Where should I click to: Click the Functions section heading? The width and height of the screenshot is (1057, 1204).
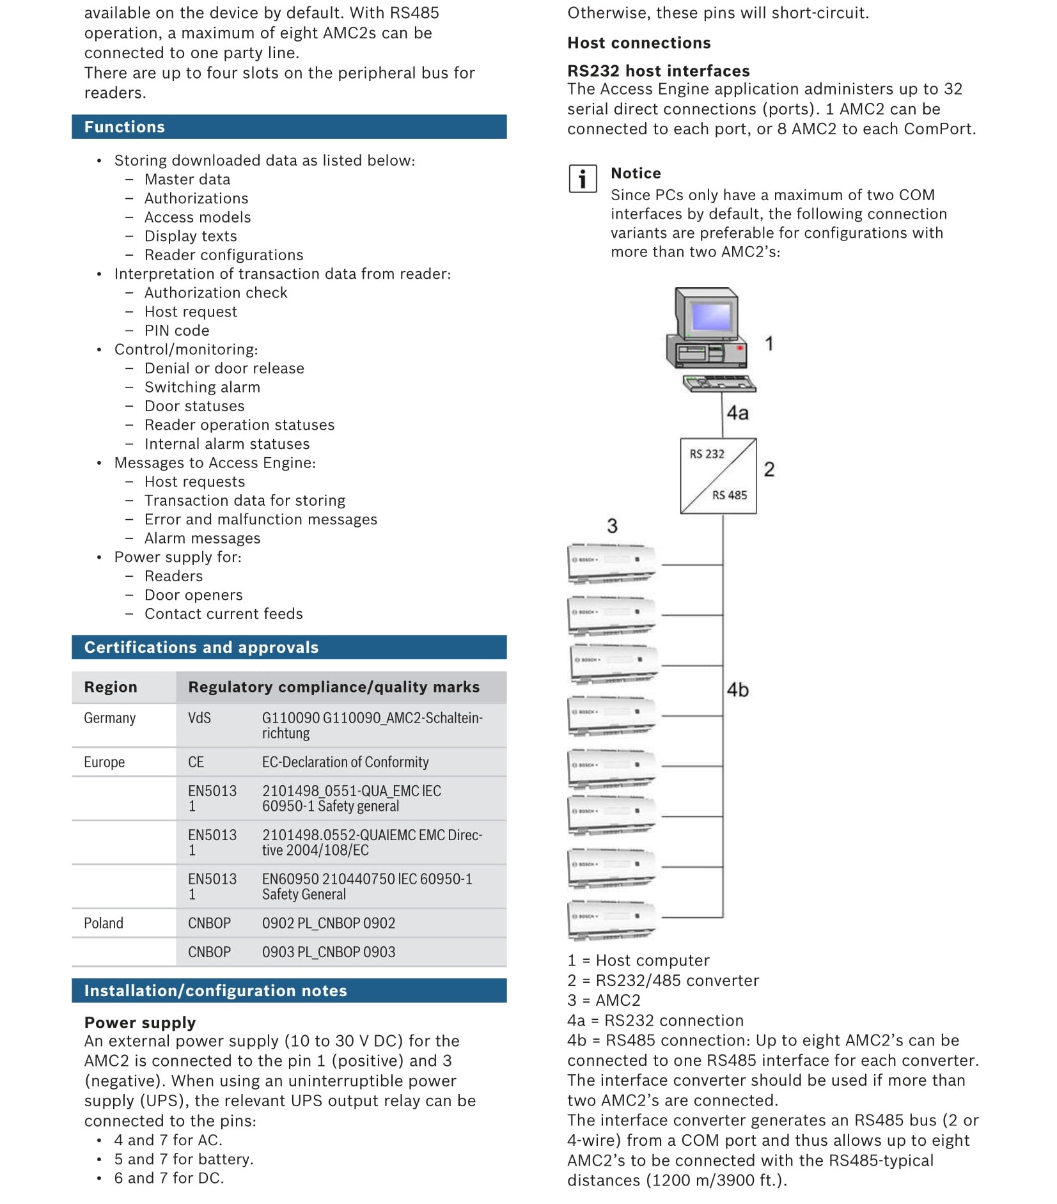click(x=125, y=127)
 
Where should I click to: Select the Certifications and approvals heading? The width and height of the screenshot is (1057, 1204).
click(x=201, y=647)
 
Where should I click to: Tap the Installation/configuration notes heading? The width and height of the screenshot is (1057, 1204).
click(x=215, y=990)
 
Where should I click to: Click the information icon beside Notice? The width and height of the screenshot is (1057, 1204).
click(x=582, y=178)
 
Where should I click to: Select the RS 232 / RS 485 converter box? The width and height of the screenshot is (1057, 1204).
click(x=718, y=476)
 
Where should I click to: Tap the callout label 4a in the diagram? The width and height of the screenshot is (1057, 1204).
click(x=737, y=413)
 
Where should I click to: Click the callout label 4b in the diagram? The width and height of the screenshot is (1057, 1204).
click(x=737, y=690)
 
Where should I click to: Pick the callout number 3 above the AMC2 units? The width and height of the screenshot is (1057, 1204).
click(x=612, y=526)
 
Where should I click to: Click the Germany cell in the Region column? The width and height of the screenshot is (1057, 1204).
click(x=110, y=718)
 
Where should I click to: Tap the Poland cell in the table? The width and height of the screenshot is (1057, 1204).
click(x=104, y=923)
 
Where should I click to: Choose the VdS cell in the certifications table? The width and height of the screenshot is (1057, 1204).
click(x=200, y=718)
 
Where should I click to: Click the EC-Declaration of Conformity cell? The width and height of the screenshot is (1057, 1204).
click(x=345, y=762)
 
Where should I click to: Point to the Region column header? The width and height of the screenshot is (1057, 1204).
click(x=111, y=687)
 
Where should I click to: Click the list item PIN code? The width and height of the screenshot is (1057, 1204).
click(x=176, y=331)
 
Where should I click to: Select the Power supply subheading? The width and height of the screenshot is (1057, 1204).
click(x=140, y=1022)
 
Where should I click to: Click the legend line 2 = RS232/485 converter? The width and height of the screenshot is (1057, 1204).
click(x=663, y=980)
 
